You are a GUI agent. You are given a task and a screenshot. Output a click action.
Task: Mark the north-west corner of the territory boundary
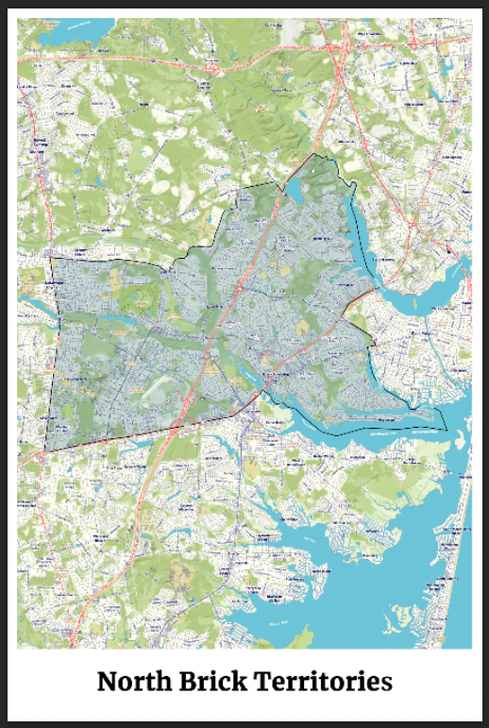(x=51, y=256)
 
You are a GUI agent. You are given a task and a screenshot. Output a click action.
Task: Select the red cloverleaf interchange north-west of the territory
(x=213, y=68)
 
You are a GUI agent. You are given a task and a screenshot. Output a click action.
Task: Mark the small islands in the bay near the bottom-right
(x=396, y=623)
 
